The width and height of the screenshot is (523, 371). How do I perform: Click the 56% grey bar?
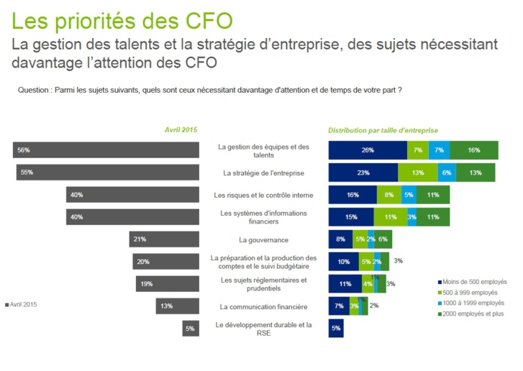(106, 150)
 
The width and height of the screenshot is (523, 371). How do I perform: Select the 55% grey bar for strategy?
(107, 173)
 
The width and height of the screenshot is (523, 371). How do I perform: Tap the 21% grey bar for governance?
(164, 239)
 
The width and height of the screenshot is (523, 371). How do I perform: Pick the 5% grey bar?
(191, 328)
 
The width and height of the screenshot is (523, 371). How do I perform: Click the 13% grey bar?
(178, 306)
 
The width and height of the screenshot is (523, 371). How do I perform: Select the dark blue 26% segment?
(368, 150)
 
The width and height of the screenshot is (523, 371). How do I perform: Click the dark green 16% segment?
(474, 150)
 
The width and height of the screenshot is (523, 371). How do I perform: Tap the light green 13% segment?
(418, 173)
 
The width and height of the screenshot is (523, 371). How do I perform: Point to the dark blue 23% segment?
(363, 173)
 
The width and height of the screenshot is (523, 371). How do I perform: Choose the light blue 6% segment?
(447, 173)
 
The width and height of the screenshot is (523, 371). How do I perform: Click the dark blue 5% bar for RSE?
(336, 328)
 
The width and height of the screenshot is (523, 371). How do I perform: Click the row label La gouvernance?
(263, 239)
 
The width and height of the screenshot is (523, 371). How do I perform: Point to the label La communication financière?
(263, 306)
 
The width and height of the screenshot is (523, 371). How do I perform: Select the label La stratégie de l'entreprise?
(263, 173)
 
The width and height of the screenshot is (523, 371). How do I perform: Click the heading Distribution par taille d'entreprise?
(383, 130)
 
